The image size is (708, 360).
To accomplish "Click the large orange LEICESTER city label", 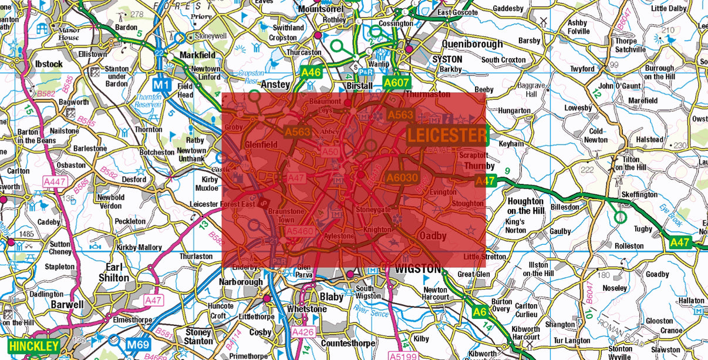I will click(x=447, y=136).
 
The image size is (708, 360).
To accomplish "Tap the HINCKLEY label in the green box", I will click(x=34, y=346).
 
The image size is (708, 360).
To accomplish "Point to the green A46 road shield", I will click(x=311, y=73).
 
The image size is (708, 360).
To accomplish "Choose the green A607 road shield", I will click(x=396, y=83).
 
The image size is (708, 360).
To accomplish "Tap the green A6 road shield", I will click(x=480, y=312).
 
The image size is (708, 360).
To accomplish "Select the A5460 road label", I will click(x=299, y=232).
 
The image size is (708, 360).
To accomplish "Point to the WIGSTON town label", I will click(x=417, y=269).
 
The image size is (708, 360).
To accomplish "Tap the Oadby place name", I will click(x=433, y=235).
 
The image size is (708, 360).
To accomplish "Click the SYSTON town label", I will click(x=447, y=59).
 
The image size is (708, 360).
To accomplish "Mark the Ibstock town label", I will click(x=49, y=63).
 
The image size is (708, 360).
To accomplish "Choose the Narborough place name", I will click(x=241, y=282).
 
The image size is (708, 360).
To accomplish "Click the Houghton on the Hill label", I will click(x=525, y=206).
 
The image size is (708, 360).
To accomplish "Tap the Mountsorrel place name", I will click(x=323, y=9).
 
